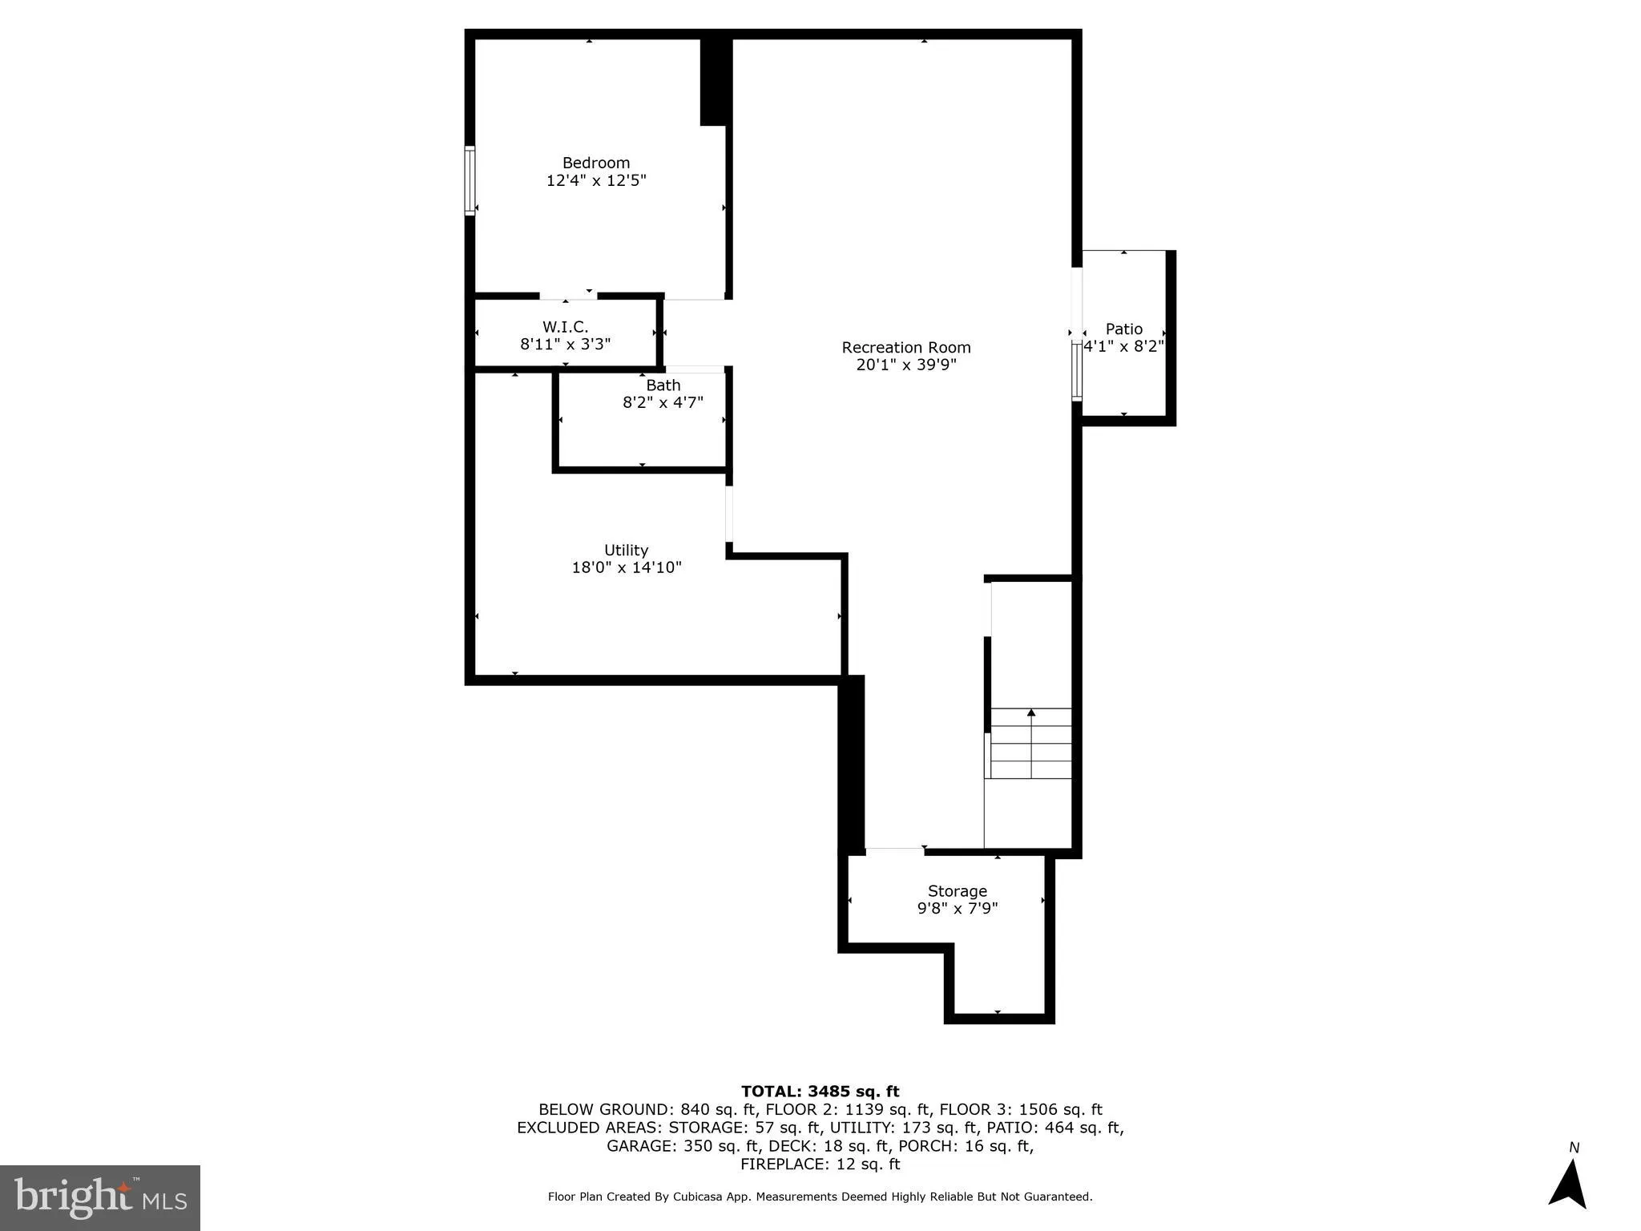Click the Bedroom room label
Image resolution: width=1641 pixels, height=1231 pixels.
click(x=595, y=163)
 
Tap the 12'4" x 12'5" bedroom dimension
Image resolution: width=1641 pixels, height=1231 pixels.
click(x=595, y=180)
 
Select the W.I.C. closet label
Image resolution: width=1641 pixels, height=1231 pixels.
click(x=565, y=327)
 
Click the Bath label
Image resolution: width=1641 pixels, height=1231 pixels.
click(x=663, y=385)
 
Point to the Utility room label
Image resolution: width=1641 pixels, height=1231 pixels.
click(x=626, y=551)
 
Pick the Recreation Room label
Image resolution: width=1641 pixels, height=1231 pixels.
click(x=905, y=348)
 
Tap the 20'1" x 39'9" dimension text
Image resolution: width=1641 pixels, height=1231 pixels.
click(x=905, y=365)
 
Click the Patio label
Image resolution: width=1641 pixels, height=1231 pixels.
click(x=1123, y=329)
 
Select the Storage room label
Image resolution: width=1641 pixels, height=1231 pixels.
click(x=957, y=891)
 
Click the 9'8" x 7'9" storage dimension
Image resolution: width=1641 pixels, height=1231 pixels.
click(x=957, y=909)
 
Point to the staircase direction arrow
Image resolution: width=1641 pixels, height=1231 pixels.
click(x=1031, y=712)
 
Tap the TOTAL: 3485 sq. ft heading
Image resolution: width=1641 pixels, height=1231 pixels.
click(x=820, y=1092)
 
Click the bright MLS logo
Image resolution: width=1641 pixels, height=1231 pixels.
click(x=100, y=1197)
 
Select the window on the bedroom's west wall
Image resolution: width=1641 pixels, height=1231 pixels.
click(x=470, y=180)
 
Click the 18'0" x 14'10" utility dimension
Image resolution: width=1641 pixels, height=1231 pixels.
click(x=626, y=568)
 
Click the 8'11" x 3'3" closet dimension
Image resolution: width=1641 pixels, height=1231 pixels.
click(x=565, y=345)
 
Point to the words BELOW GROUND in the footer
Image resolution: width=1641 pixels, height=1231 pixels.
click(x=606, y=1110)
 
